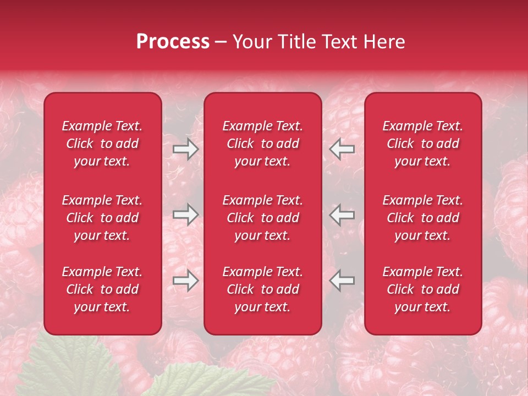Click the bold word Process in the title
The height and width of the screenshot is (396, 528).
point(173,42)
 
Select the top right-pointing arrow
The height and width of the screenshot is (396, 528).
point(185,149)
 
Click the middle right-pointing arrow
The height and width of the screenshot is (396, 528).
point(185,215)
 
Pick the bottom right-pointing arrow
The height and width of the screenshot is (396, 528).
point(185,281)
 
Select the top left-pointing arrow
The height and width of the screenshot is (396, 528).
point(342,149)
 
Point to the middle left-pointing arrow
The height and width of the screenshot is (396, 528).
point(342,215)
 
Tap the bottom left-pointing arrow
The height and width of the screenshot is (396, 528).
point(342,281)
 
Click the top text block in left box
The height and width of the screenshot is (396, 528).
point(102,144)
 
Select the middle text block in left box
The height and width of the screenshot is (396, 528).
point(102,218)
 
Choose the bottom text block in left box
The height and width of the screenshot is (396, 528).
point(102,289)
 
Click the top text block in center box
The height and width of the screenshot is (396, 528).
point(262,144)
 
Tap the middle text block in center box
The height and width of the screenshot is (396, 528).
point(262,218)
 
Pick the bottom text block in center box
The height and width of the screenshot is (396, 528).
point(262,289)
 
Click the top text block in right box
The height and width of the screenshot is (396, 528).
point(422,144)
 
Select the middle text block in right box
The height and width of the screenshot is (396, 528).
point(422,218)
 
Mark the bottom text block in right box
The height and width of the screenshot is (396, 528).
point(422,289)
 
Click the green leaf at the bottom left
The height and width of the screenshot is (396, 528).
point(88,366)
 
